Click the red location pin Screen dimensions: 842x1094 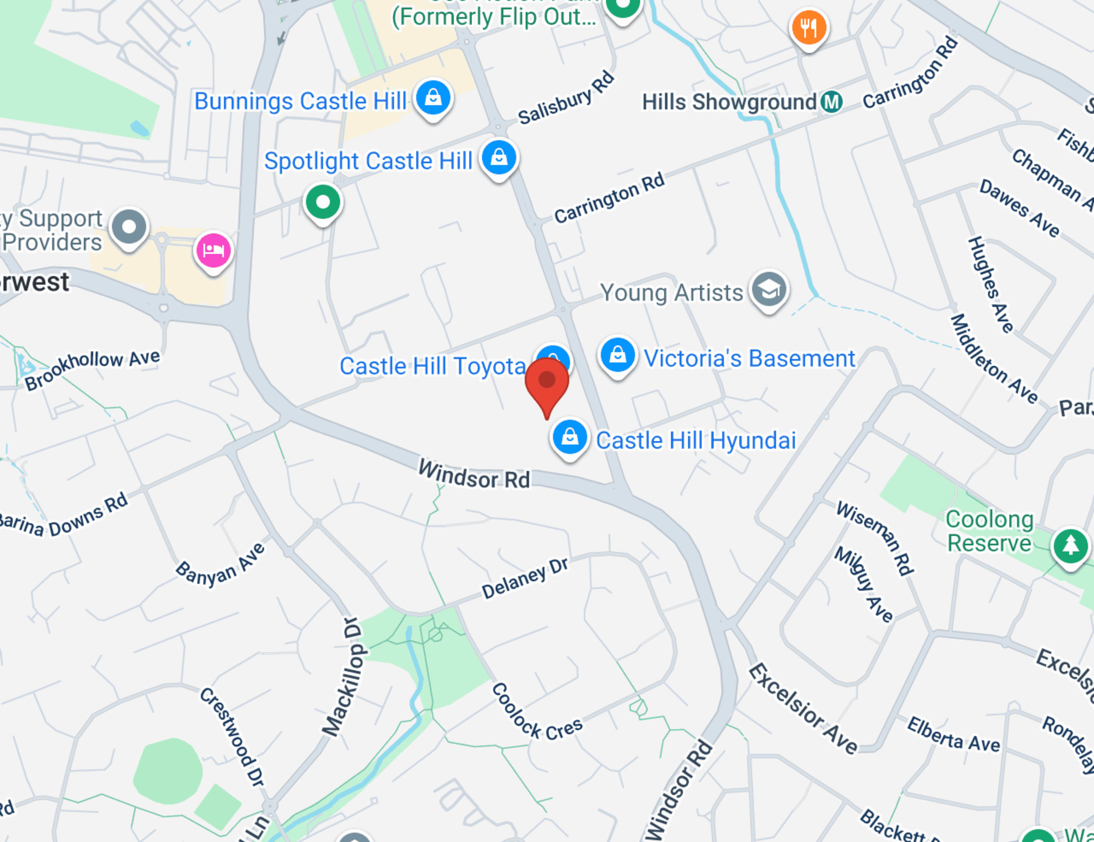pyautogui.click(x=547, y=382)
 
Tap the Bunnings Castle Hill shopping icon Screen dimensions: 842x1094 pyautogui.click(x=433, y=98)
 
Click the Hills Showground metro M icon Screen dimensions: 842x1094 pyautogui.click(x=832, y=102)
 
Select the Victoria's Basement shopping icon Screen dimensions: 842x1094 pyautogui.click(x=618, y=355)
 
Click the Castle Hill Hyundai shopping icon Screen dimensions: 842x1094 pyautogui.click(x=570, y=437)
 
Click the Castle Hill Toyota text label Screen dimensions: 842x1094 pyautogui.click(x=432, y=366)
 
